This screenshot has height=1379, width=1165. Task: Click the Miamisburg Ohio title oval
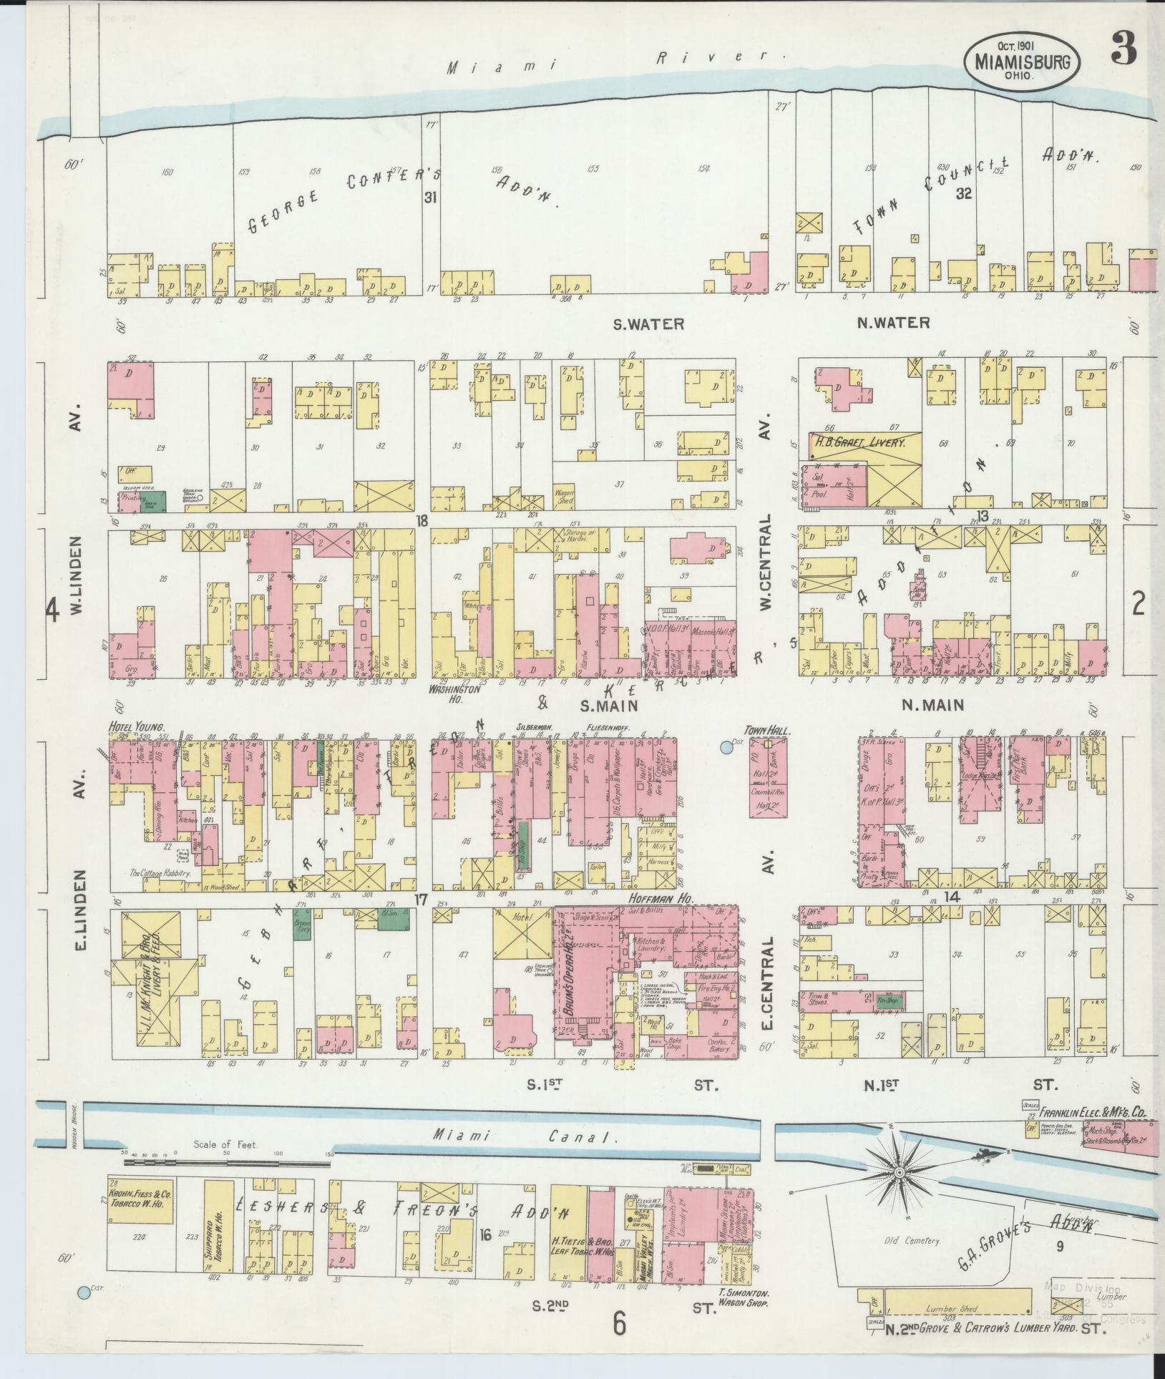pyautogui.click(x=1022, y=62)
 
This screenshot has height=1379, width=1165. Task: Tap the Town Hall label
pyautogui.click(x=765, y=731)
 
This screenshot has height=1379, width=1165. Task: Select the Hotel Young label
pyautogui.click(x=132, y=726)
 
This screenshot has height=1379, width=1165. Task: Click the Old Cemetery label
pyautogui.click(x=910, y=1240)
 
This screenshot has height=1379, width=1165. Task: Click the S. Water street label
pyautogui.click(x=648, y=323)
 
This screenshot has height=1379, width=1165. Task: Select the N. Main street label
pyautogui.click(x=932, y=705)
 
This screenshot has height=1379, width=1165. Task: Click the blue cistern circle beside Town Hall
pyautogui.click(x=727, y=749)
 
